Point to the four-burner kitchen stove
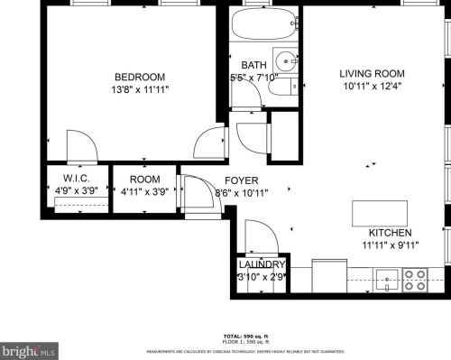(415, 282)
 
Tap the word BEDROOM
(139, 77)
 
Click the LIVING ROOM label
(372, 73)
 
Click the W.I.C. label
(74, 180)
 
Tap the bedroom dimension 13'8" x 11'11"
(139, 89)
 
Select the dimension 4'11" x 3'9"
(144, 191)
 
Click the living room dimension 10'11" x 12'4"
(372, 87)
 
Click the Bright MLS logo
(30, 347)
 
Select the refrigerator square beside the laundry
(329, 276)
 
